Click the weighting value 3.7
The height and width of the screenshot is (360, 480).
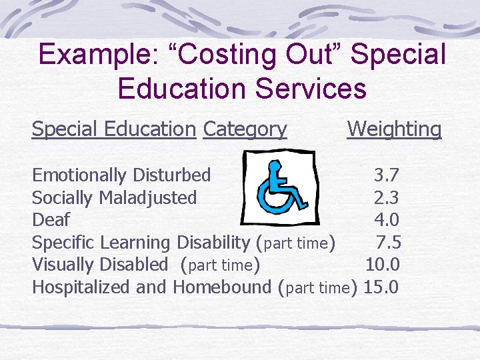[387, 175]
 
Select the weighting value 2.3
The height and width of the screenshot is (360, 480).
[387, 197]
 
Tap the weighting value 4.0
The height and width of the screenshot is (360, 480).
[387, 219]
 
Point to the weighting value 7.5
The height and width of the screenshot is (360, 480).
[388, 242]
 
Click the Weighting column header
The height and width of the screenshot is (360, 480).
[394, 129]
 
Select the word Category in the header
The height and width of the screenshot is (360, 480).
[245, 129]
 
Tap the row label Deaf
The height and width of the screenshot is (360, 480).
[51, 219]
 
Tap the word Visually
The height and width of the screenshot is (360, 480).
[64, 265]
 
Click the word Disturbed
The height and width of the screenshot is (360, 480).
[171, 175]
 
